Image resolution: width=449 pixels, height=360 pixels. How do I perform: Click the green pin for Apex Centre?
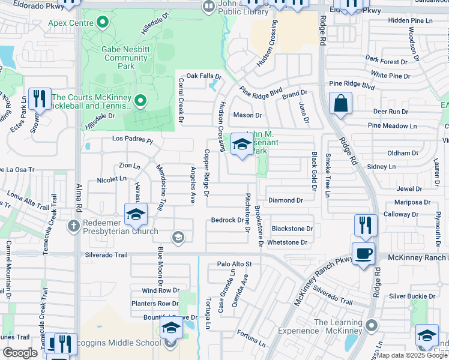pos(102,23)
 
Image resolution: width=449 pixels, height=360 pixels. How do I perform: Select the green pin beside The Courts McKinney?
pos(140,100)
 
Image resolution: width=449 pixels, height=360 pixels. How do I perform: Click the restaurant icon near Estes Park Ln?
pos(40,98)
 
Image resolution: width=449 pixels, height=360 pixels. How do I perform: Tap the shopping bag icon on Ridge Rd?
pos(340,103)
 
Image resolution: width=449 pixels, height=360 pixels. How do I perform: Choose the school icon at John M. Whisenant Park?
pos(242,145)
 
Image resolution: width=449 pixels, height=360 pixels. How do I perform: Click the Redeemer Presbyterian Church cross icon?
pos(73,226)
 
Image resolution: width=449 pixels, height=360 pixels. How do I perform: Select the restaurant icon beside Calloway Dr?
pos(366,225)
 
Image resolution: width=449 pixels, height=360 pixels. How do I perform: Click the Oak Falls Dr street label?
pos(204,76)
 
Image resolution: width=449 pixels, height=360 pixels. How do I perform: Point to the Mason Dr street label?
pos(248,115)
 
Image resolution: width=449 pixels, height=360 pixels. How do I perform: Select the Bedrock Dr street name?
pos(227,220)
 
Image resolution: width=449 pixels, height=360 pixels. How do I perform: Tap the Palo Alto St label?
pos(234,263)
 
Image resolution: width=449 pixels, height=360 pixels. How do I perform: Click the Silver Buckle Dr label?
pos(412,296)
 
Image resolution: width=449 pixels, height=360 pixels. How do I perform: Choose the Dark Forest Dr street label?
pos(386,61)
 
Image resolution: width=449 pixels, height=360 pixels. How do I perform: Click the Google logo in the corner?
pos(20,353)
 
